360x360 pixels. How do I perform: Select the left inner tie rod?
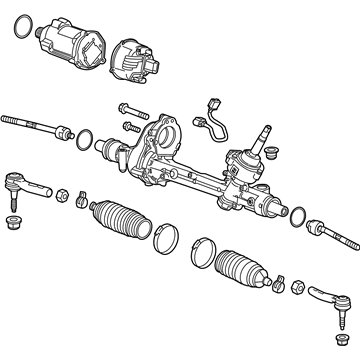coord(35,125)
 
